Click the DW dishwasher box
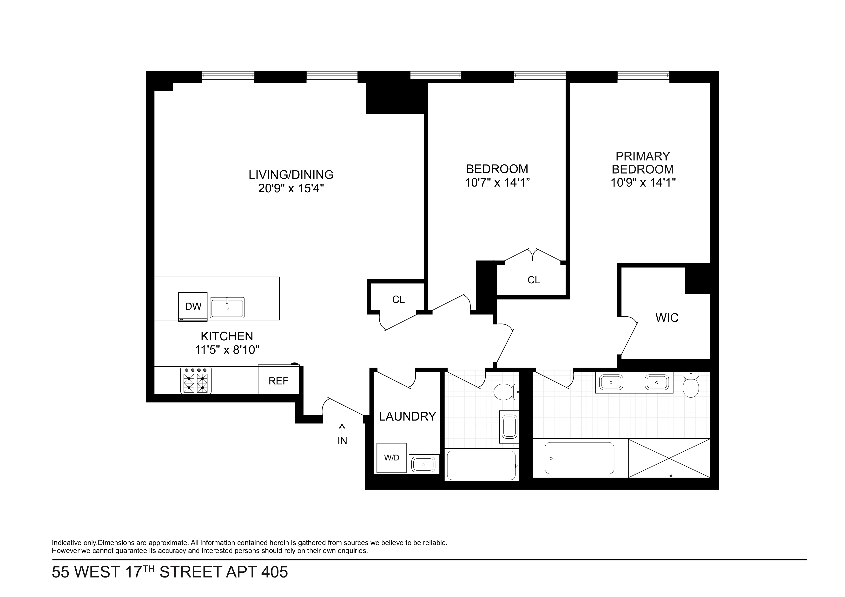193,306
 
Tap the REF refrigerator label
278,381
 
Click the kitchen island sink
227,307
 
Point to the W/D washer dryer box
392,458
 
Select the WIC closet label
667,318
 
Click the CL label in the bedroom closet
534,280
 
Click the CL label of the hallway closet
398,299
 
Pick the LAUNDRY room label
407,416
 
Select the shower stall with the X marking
669,458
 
